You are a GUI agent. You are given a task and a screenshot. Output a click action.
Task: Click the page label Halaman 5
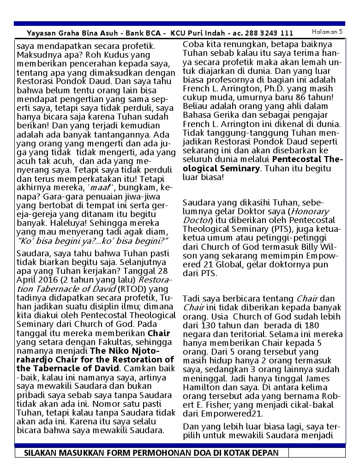pos(327,31)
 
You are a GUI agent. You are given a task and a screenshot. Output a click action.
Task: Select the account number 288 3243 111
pos(270,33)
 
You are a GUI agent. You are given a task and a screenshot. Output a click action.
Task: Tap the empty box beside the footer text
pos(316,453)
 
